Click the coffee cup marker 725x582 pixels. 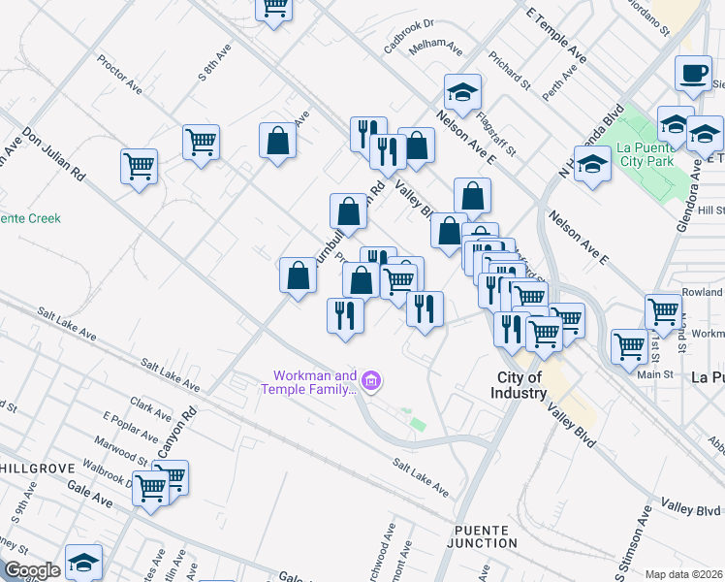click(x=693, y=75)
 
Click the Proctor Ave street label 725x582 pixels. click(x=119, y=74)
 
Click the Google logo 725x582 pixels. click(x=32, y=570)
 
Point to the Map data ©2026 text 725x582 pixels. click(x=684, y=574)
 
